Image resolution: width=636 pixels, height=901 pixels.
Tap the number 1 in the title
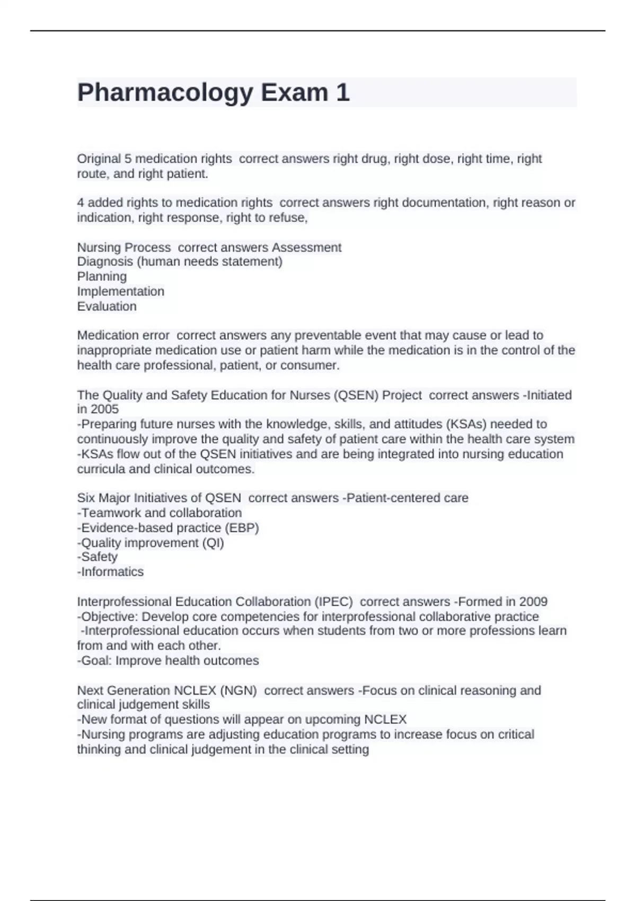coord(342,93)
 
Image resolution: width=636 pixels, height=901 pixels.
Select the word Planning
coord(102,276)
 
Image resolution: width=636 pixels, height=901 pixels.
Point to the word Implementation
coord(121,291)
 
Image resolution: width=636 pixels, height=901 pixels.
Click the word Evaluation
coord(107,306)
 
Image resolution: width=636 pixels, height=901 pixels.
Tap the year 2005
coord(104,409)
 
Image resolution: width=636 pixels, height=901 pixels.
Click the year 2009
coord(533,602)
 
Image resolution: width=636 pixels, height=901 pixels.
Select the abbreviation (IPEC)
coord(333,602)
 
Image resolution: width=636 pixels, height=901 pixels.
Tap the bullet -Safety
coord(98,556)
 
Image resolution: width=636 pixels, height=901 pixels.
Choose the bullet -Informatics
coord(110,571)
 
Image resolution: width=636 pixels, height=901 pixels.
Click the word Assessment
coord(306,247)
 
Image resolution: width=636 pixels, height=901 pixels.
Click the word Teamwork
coord(109,513)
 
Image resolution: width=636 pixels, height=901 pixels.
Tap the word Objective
coord(109,616)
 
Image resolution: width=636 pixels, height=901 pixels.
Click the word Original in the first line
coord(99,158)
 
